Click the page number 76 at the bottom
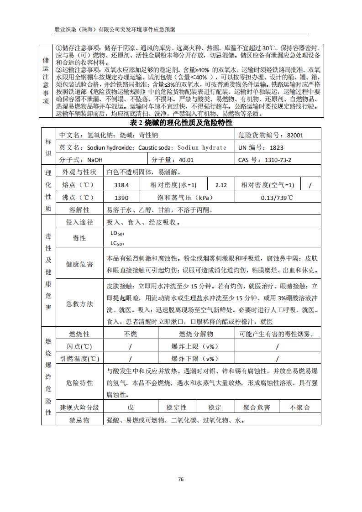(x=181, y=479)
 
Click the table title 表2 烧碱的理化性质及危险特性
(x=181, y=123)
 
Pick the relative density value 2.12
(x=221, y=185)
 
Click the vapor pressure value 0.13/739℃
(x=277, y=198)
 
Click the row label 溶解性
(x=79, y=210)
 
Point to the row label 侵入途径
(x=79, y=222)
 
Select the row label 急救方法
(x=79, y=303)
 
